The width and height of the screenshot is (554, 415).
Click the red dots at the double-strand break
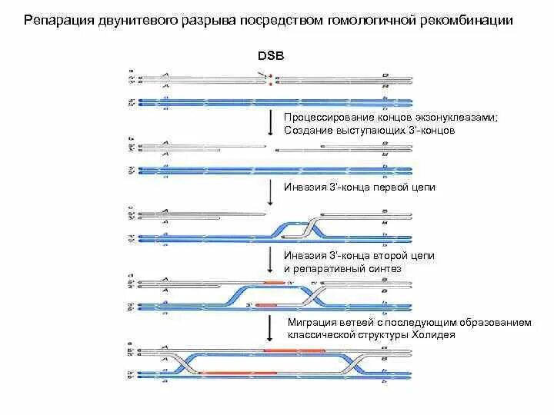(x=271, y=80)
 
